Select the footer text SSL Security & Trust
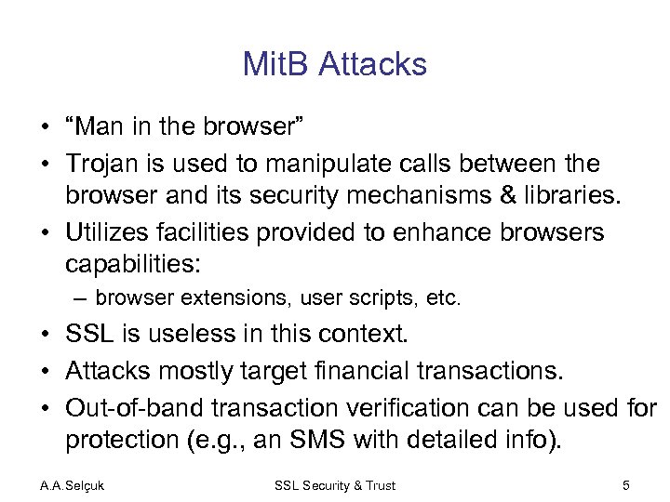335,485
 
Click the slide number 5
627,485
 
